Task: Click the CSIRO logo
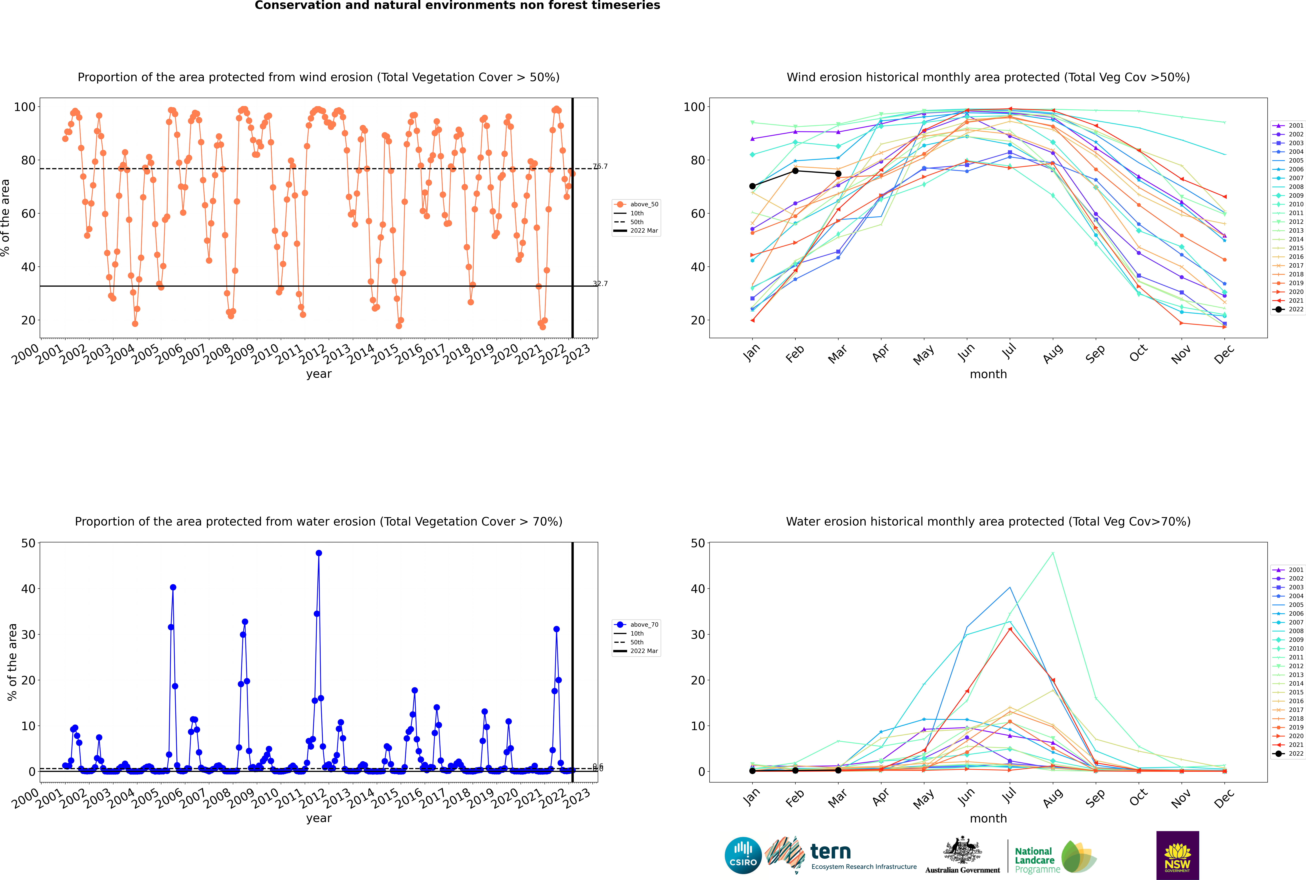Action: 743,855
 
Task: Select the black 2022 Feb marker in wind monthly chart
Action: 795,171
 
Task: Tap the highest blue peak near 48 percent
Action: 318,553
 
